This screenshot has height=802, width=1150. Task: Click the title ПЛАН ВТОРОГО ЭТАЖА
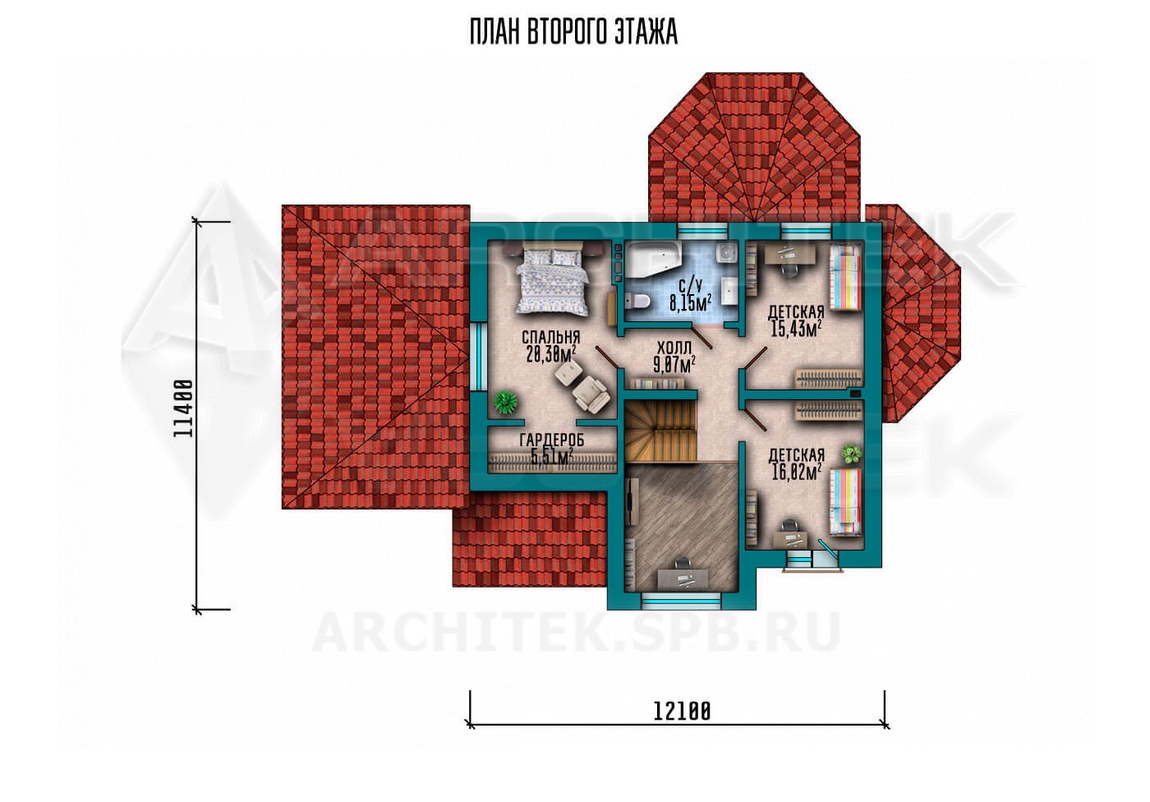pyautogui.click(x=573, y=32)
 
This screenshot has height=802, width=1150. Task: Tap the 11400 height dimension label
pyautogui.click(x=183, y=408)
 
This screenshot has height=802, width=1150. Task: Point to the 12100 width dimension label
pyautogui.click(x=682, y=711)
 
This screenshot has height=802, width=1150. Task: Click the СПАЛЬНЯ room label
pyautogui.click(x=550, y=338)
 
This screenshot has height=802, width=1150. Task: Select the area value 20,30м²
pyautogui.click(x=550, y=354)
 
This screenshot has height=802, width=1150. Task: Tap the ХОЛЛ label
pyautogui.click(x=674, y=348)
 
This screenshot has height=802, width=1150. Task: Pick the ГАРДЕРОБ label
pyautogui.click(x=552, y=440)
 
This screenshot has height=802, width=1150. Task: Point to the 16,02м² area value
pyautogui.click(x=796, y=472)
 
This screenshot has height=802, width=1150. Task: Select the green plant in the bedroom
pyautogui.click(x=505, y=402)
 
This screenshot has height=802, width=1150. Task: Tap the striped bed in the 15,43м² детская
pyautogui.click(x=845, y=277)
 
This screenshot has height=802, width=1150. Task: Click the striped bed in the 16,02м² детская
pyautogui.click(x=845, y=501)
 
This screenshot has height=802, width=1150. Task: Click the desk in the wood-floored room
pyautogui.click(x=683, y=578)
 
